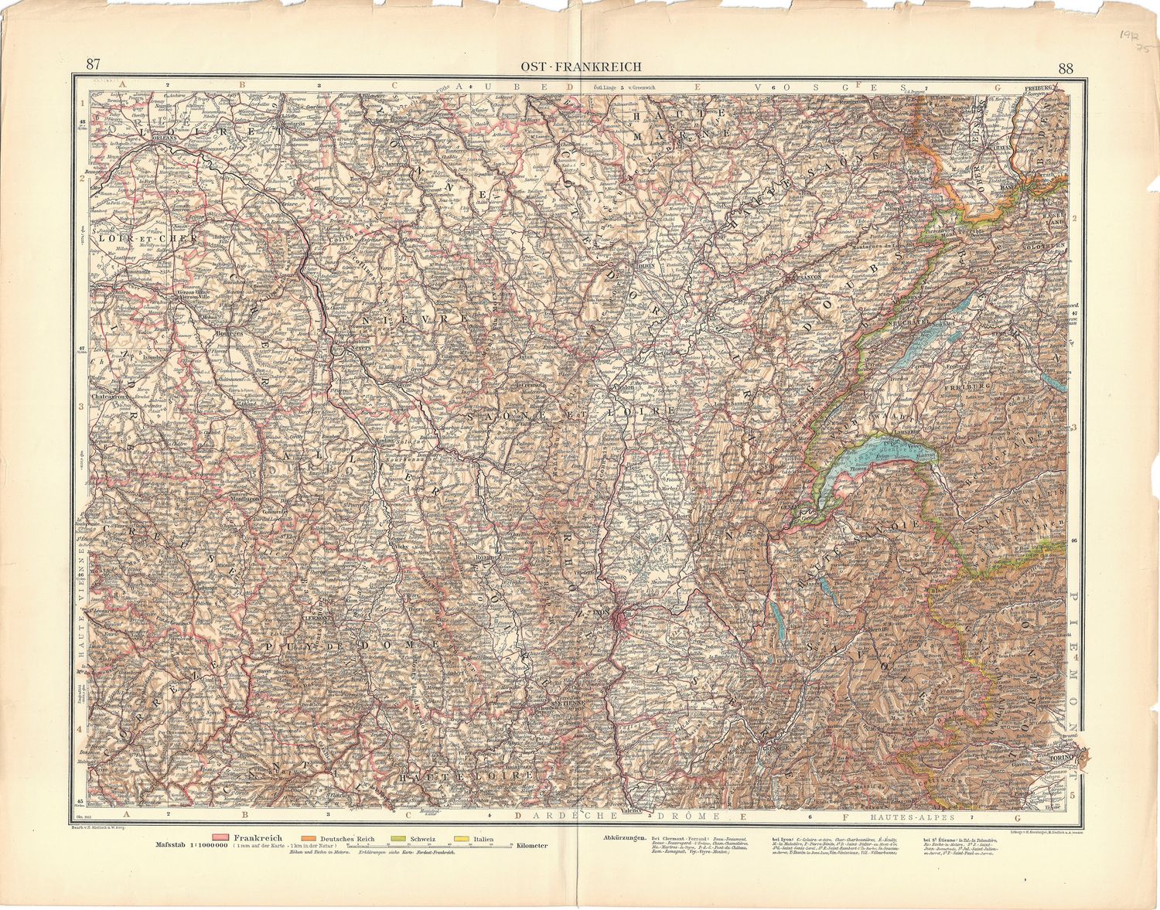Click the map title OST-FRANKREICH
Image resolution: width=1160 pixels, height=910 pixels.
coord(580,66)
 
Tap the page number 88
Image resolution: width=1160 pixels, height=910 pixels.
coord(1066,67)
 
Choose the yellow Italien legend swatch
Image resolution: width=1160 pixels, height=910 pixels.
coord(462,838)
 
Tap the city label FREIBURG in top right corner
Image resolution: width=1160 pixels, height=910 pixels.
coord(1039,88)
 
